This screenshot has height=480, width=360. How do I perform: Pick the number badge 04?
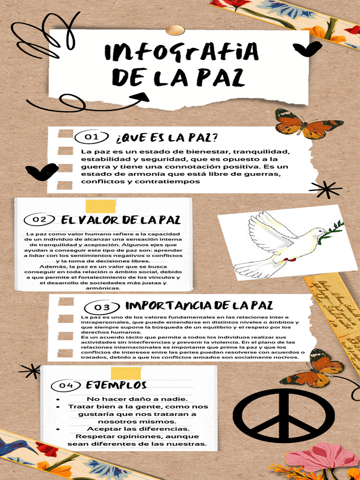point(67,385)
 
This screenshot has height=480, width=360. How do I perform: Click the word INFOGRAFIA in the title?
point(181,52)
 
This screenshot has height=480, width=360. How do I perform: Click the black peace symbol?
point(284,415)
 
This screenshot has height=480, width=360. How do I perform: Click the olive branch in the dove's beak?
point(334,232)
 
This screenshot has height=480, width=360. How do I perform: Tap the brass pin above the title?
point(175,30)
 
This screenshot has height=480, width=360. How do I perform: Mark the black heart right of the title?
point(307,48)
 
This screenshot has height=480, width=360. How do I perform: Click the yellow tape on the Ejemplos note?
point(125,373)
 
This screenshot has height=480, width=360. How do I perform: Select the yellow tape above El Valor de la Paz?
point(100,206)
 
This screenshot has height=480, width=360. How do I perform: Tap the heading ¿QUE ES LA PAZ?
point(166,138)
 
